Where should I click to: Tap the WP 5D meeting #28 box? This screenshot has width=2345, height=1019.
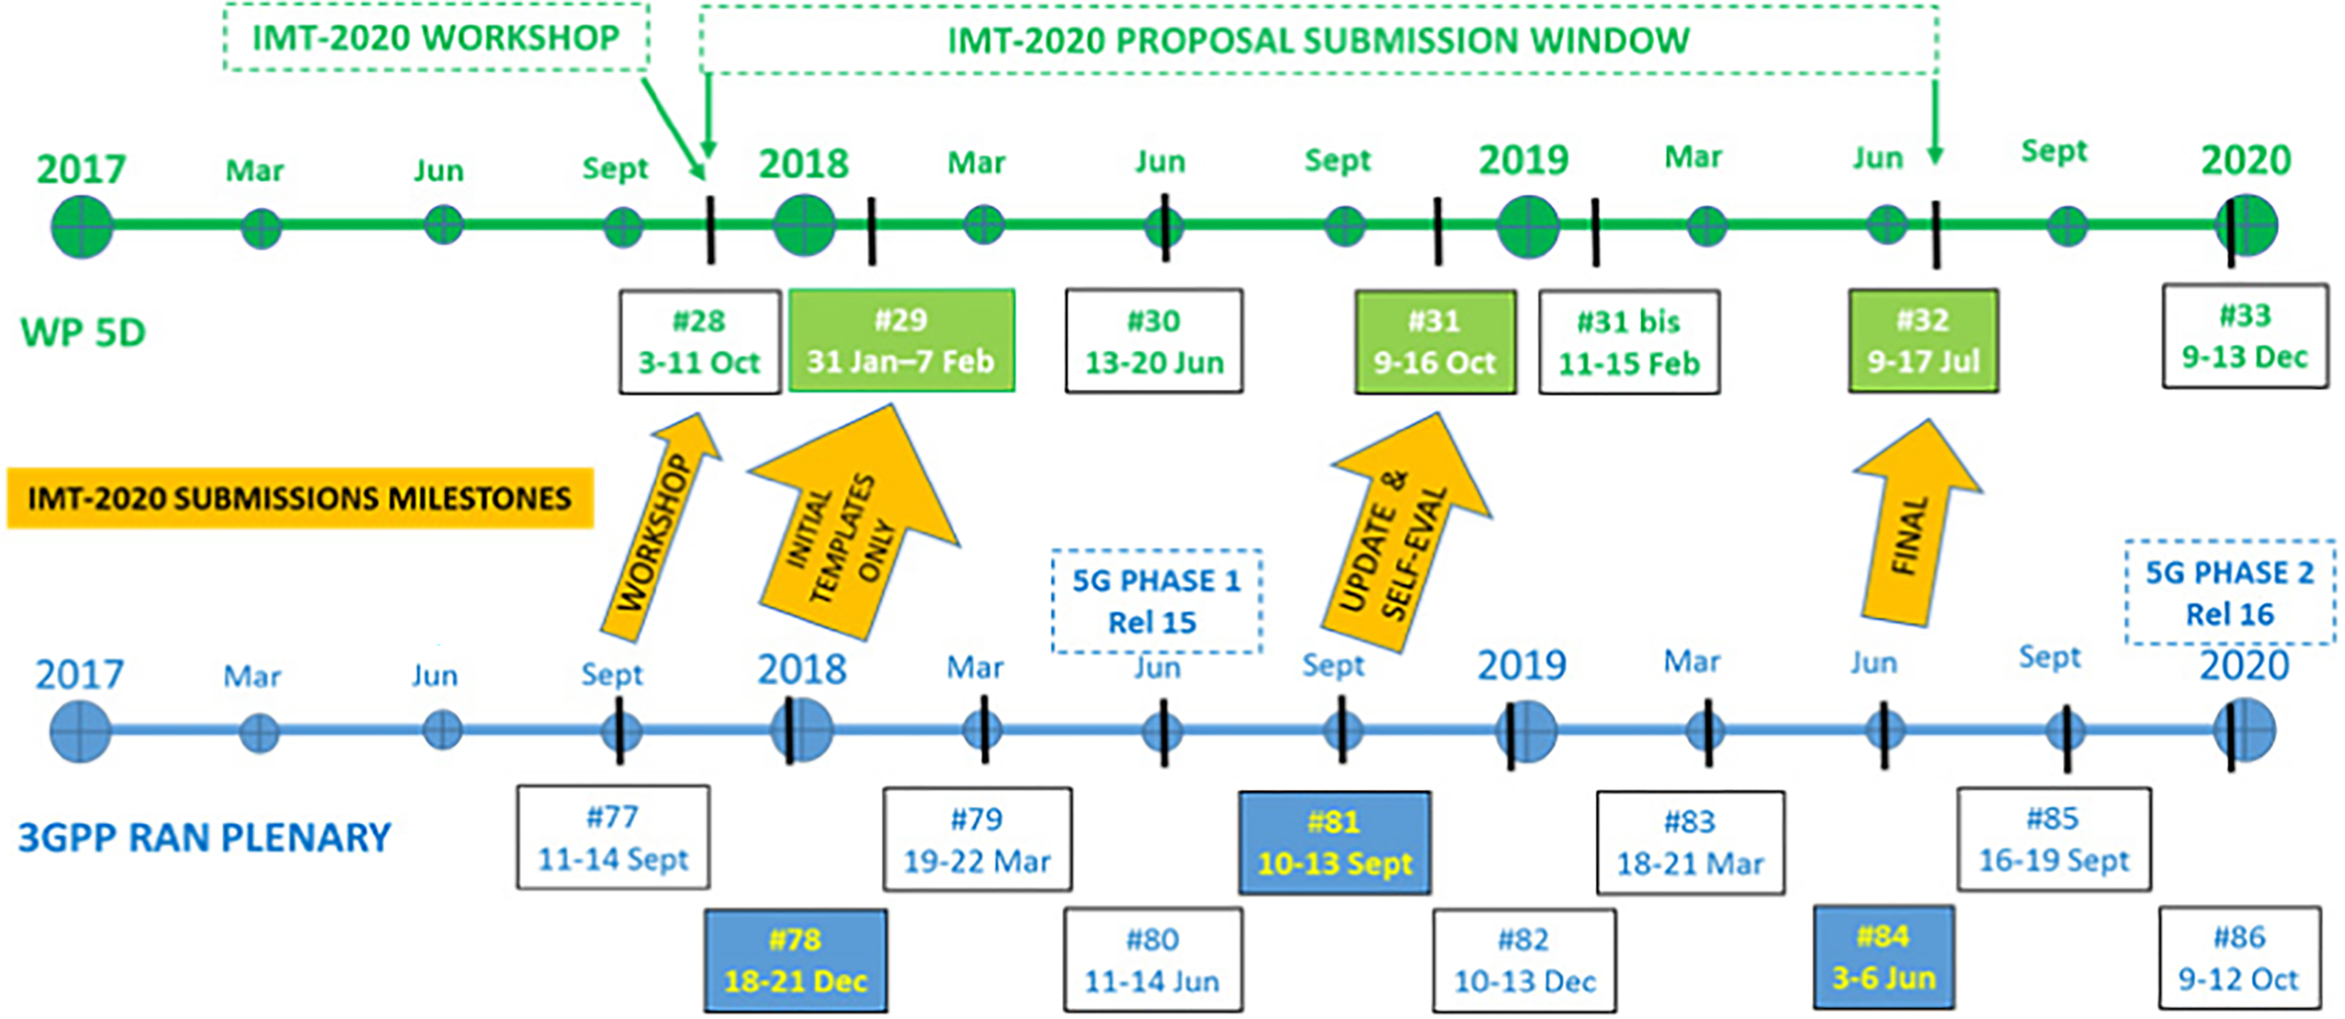click(x=699, y=341)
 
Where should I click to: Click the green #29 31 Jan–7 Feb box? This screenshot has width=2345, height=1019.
click(x=902, y=340)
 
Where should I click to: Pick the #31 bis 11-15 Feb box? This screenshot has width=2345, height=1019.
click(x=1628, y=342)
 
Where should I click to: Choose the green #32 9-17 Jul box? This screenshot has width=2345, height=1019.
click(x=1922, y=341)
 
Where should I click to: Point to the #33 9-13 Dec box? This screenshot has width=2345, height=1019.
click(x=2245, y=336)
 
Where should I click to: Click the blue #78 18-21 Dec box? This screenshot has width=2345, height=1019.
click(x=796, y=959)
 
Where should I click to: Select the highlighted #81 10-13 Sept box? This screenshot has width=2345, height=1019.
click(x=1334, y=842)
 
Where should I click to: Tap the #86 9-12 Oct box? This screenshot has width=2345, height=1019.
click(x=2239, y=958)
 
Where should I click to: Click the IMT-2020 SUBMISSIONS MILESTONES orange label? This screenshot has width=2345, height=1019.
click(x=300, y=498)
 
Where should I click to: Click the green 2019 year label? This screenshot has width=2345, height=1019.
click(x=1524, y=160)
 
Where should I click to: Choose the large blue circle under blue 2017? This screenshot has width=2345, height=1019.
click(x=80, y=731)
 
